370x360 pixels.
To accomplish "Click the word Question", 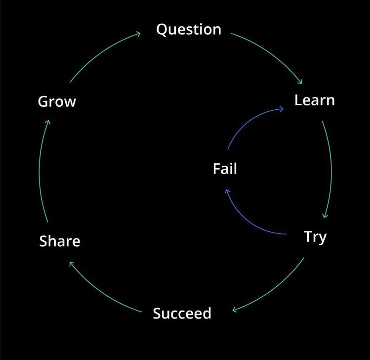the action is click(x=189, y=30).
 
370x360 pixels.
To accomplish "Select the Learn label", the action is click(x=315, y=100).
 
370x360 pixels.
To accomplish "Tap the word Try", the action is click(x=315, y=237).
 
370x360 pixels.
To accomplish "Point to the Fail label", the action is click(x=225, y=169).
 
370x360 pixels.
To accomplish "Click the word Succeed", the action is click(x=182, y=314).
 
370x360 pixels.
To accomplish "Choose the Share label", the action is click(x=60, y=241).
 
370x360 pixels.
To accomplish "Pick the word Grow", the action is click(x=57, y=102).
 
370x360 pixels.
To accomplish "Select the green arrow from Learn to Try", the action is click(x=330, y=168).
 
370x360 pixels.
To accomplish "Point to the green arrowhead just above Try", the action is click(x=325, y=215).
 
